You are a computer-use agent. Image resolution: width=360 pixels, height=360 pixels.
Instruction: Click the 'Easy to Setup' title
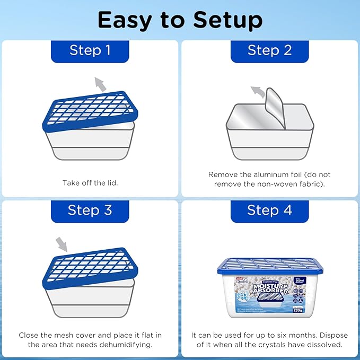point(180,20)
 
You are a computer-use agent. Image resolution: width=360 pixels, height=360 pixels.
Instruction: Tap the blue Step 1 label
point(90,50)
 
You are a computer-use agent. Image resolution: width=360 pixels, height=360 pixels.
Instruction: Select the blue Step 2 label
point(269,50)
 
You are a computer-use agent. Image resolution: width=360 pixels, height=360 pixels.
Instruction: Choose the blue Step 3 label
point(90,210)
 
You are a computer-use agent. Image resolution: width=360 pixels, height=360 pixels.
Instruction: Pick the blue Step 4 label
point(269,210)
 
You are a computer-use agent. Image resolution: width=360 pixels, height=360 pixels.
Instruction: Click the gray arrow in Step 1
point(99,83)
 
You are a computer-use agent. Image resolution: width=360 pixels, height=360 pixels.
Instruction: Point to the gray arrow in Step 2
point(257,91)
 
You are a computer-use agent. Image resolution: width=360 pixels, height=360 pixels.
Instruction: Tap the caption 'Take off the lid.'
point(90,183)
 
